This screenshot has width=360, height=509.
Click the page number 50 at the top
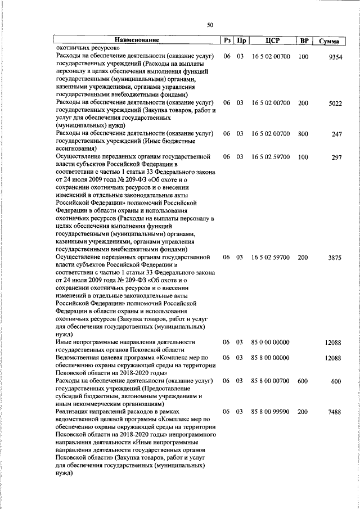point(210,25)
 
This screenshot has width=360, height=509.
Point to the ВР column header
point(304,40)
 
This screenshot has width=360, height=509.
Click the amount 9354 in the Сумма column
point(335,57)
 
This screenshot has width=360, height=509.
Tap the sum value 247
point(337,134)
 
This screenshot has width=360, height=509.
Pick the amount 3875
point(335,257)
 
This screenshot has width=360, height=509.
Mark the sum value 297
point(337,157)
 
